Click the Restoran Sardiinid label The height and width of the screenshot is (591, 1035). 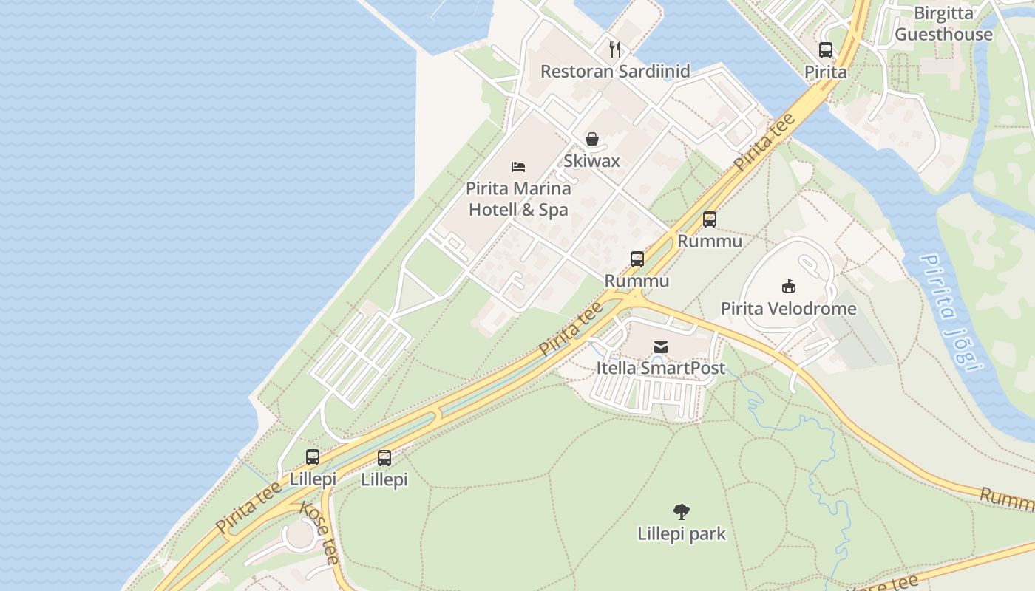[615, 72]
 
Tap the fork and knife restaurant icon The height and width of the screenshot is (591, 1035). [615, 49]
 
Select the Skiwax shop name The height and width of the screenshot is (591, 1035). [591, 161]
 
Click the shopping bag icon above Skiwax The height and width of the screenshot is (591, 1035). [591, 139]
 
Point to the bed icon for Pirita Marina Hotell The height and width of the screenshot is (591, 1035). [518, 167]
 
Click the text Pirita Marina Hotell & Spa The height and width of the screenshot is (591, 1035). [518, 199]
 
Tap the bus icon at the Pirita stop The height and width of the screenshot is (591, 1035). [826, 50]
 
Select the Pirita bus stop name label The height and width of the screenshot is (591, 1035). [826, 72]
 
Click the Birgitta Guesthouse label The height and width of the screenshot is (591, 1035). [943, 24]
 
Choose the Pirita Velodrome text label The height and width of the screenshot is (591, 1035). [788, 309]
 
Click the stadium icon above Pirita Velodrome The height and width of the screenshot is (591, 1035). [788, 286]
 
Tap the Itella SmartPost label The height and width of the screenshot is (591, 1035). [661, 368]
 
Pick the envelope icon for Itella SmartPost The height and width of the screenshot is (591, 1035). [661, 346]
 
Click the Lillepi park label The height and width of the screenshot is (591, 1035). [682, 533]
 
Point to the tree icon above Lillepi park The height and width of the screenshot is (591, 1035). [682, 511]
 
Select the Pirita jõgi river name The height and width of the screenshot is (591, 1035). [951, 312]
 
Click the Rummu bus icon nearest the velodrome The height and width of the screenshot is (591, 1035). [710, 219]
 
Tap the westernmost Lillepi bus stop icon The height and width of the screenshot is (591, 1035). [313, 457]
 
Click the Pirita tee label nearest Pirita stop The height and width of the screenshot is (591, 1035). [765, 143]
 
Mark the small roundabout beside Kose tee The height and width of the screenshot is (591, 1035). [299, 534]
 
